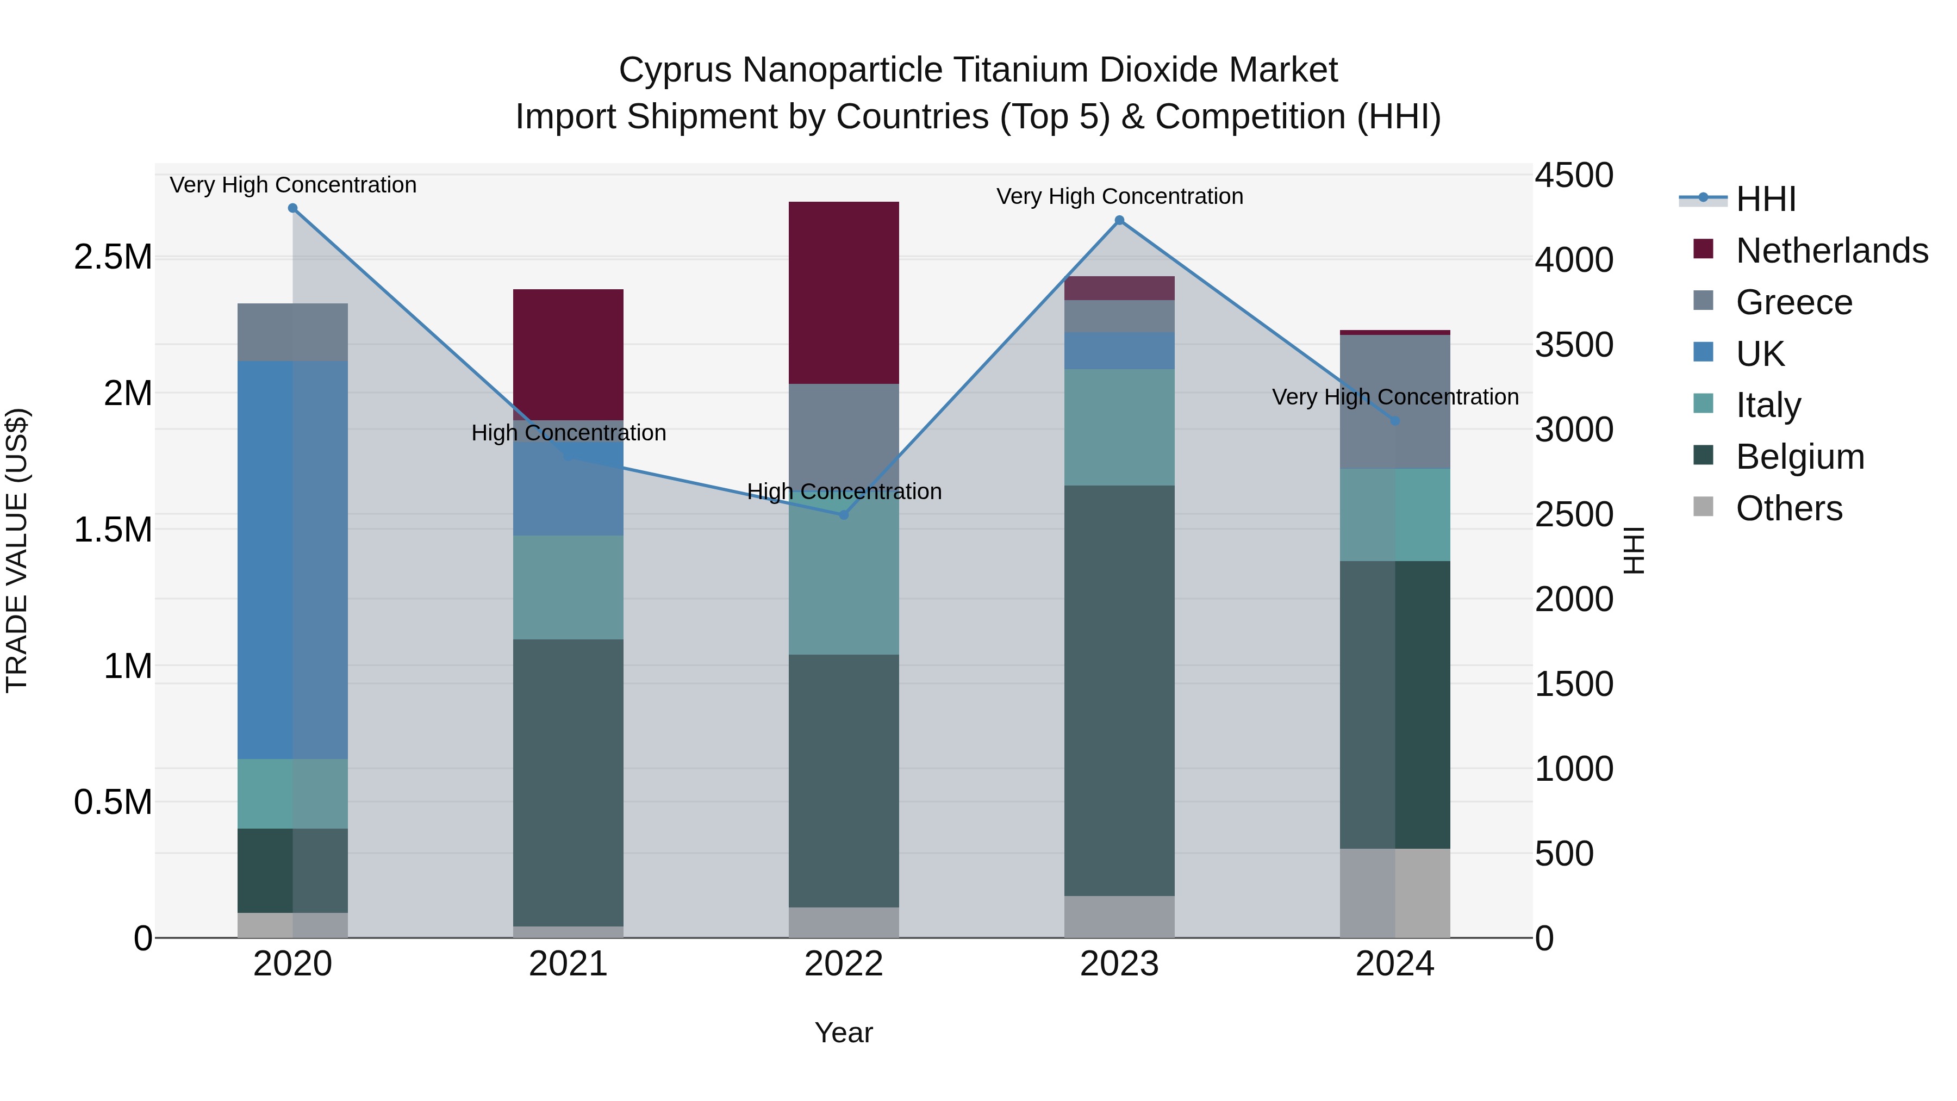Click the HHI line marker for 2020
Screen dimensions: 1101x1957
pyautogui.click(x=292, y=208)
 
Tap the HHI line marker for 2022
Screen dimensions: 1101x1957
pyautogui.click(x=843, y=514)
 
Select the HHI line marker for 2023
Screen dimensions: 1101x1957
pyautogui.click(x=1119, y=220)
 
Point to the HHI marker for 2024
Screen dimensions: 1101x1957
pyautogui.click(x=1395, y=420)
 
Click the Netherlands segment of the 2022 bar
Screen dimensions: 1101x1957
pyautogui.click(x=843, y=293)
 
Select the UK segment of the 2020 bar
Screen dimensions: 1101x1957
pyautogui.click(x=292, y=559)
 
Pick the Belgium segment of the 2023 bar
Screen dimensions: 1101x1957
pyautogui.click(x=1119, y=690)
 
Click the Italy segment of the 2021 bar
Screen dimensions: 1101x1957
pyautogui.click(x=568, y=587)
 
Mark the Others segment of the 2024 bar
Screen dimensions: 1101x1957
pyautogui.click(x=1395, y=893)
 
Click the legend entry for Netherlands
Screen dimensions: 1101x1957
pyautogui.click(x=1831, y=250)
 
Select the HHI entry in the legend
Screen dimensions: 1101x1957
pyautogui.click(x=1766, y=199)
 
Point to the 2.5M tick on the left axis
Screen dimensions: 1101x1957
pyautogui.click(x=113, y=258)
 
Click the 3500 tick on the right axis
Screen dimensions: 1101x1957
pyautogui.click(x=1574, y=345)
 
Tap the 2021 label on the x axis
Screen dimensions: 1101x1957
pyautogui.click(x=568, y=964)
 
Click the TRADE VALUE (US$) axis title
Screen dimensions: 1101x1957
pyautogui.click(x=17, y=550)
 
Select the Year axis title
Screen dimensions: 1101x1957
pyautogui.click(x=843, y=1032)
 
